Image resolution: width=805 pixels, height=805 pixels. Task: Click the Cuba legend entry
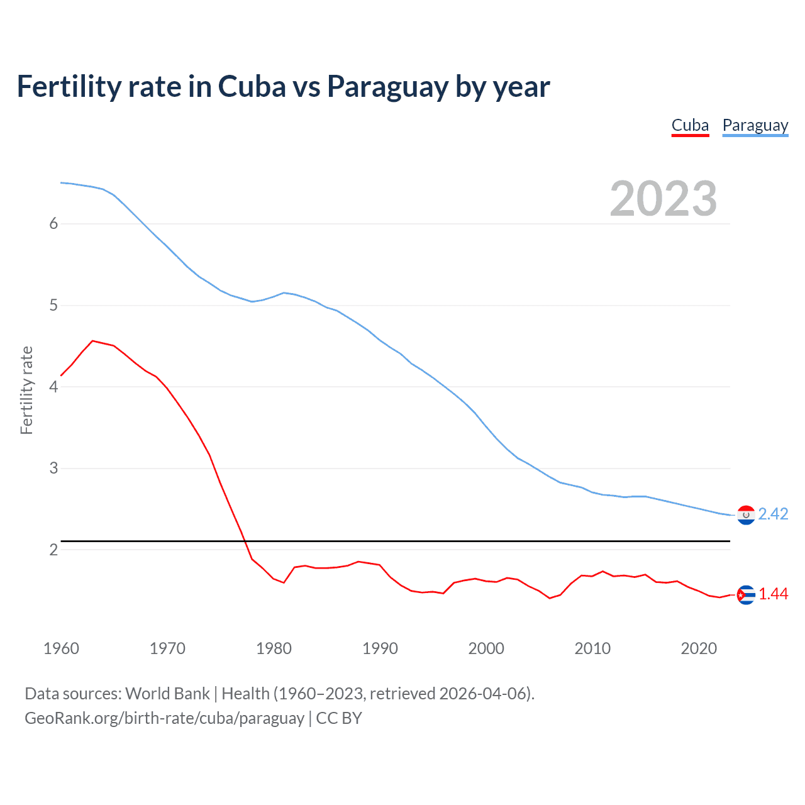click(690, 125)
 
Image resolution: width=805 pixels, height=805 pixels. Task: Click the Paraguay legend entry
click(755, 125)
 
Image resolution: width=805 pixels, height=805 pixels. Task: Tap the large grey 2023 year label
click(663, 199)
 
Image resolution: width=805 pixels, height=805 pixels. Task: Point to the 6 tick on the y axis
click(53, 224)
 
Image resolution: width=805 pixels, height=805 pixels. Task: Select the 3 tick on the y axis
click(53, 469)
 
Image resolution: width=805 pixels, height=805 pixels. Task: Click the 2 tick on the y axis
click(53, 550)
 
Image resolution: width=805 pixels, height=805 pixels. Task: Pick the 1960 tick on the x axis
click(61, 648)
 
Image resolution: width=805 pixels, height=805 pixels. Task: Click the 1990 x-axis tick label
click(380, 648)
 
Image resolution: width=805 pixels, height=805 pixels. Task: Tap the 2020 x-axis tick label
click(699, 648)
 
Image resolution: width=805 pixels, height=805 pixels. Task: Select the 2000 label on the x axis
click(486, 648)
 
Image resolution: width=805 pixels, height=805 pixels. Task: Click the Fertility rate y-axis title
click(26, 390)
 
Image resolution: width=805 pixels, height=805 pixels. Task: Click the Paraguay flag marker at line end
click(746, 515)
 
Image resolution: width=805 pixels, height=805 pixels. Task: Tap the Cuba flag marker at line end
click(746, 595)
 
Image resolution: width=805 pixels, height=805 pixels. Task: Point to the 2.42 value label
click(773, 514)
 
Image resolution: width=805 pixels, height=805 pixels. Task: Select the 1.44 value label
click(773, 594)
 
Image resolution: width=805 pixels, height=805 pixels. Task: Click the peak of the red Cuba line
click(93, 341)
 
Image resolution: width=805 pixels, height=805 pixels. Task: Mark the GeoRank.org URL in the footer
click(164, 718)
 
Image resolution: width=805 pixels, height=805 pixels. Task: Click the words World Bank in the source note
click(167, 694)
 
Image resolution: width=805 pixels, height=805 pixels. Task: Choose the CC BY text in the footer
click(339, 718)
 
